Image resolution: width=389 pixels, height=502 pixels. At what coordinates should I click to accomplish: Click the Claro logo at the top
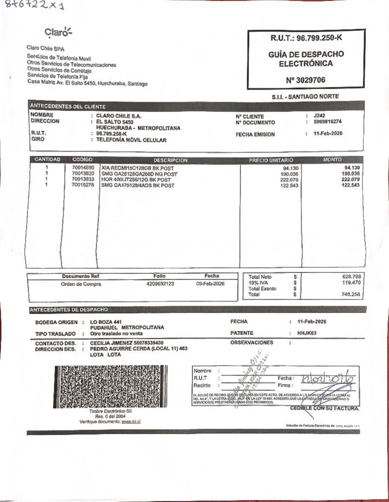pos(58,32)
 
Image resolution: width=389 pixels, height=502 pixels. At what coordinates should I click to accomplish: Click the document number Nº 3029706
pos(305,80)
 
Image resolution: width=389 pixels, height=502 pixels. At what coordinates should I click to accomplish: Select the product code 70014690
pos(83,168)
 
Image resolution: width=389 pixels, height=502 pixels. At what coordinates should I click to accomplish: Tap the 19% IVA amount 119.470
pos(351,283)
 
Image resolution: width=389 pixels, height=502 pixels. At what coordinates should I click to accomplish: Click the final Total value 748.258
pos(351,295)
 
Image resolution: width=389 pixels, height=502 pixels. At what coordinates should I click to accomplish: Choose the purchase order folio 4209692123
pos(160,284)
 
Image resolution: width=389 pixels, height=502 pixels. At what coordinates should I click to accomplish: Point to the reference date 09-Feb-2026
pos(210,284)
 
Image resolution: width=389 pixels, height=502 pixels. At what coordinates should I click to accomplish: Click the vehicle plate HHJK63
pos(307,333)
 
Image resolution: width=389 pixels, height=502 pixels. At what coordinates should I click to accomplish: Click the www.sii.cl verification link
pos(131,422)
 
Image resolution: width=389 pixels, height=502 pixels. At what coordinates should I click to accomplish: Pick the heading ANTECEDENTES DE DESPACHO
pos(69,310)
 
